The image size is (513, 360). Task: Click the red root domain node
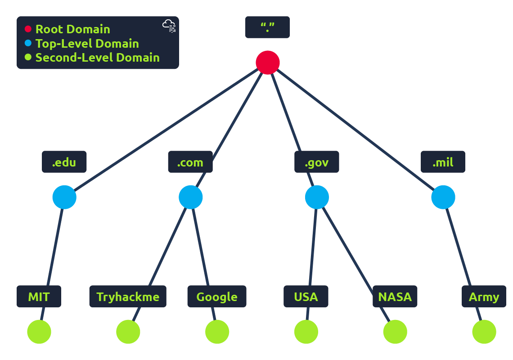pyautogui.click(x=268, y=63)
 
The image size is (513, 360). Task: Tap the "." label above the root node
pyautogui.click(x=267, y=27)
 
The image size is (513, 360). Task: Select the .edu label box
pyautogui.click(x=64, y=162)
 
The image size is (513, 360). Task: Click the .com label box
pyautogui.click(x=190, y=162)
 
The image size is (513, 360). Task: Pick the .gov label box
pyautogui.click(x=317, y=162)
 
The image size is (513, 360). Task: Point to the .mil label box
pyautogui.click(x=443, y=162)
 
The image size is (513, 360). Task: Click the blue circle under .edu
pyautogui.click(x=64, y=197)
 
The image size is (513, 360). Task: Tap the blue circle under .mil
pyautogui.click(x=443, y=197)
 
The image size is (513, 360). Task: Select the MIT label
pyautogui.click(x=39, y=297)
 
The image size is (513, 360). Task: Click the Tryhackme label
pyautogui.click(x=128, y=297)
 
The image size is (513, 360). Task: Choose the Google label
pyautogui.click(x=217, y=297)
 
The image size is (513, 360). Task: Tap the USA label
pyautogui.click(x=306, y=297)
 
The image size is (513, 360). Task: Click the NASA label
pyautogui.click(x=395, y=297)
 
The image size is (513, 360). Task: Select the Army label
pyautogui.click(x=484, y=297)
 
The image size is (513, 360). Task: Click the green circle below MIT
pyautogui.click(x=39, y=332)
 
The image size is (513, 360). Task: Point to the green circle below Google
pyautogui.click(x=217, y=332)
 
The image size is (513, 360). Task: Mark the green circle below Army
pyautogui.click(x=484, y=332)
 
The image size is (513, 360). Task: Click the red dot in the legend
pyautogui.click(x=28, y=29)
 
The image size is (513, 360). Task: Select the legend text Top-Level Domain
pyautogui.click(x=87, y=44)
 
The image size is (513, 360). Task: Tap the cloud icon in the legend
pyautogui.click(x=169, y=26)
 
